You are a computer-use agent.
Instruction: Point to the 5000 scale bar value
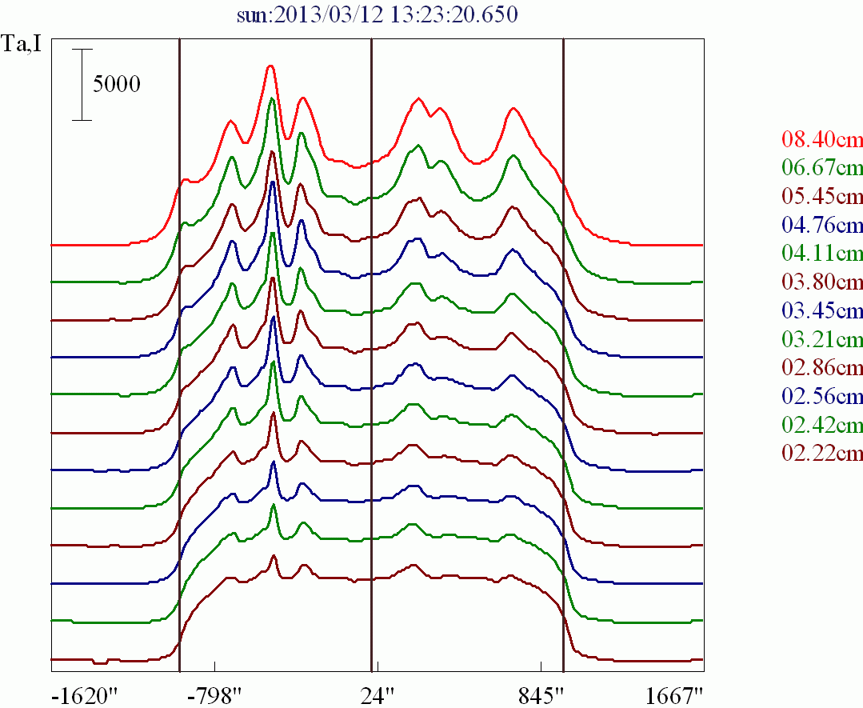point(117,84)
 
